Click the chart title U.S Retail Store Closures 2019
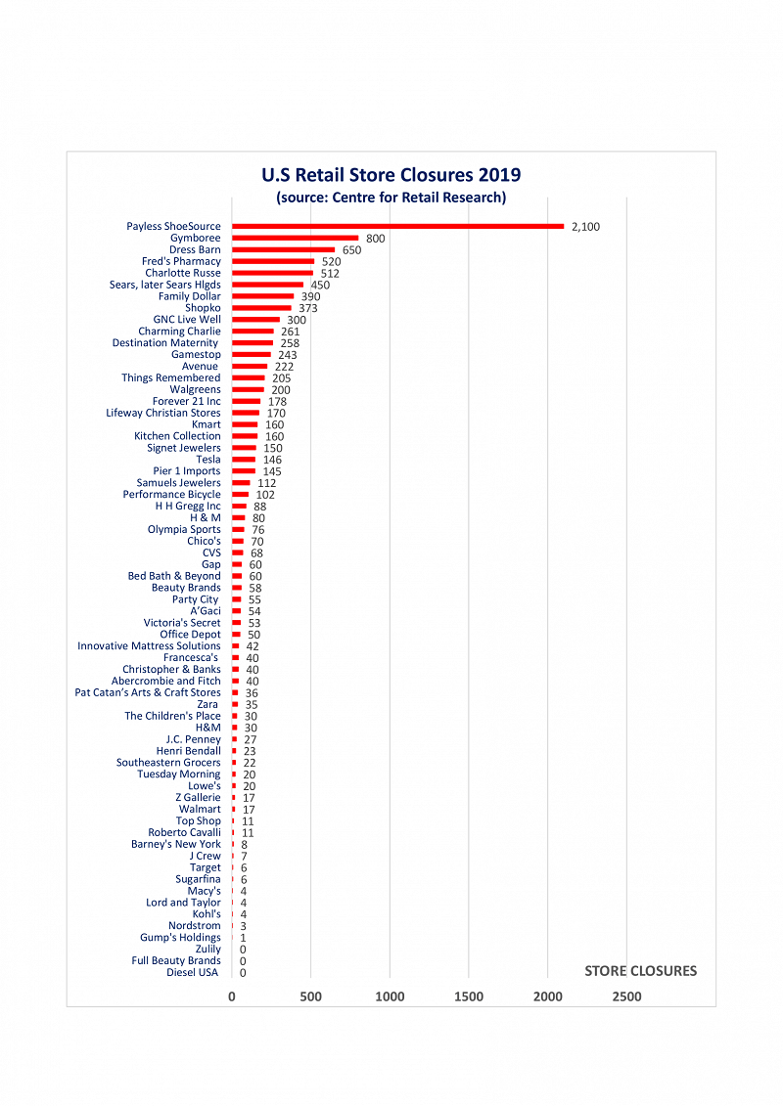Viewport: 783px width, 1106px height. click(x=391, y=175)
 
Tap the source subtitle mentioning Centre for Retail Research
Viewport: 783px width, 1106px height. click(x=391, y=198)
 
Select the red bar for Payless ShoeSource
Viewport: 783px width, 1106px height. click(x=397, y=226)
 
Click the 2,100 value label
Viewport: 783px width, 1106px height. click(x=585, y=227)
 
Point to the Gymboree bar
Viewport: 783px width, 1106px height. click(x=295, y=238)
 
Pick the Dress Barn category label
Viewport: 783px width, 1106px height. click(x=195, y=249)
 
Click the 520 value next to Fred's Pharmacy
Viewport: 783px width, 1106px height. click(x=331, y=262)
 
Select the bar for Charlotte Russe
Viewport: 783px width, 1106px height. click(x=272, y=273)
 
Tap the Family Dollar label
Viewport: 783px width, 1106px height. click(x=189, y=296)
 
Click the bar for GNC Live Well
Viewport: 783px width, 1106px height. click(x=255, y=320)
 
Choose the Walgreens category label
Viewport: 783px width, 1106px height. click(x=195, y=389)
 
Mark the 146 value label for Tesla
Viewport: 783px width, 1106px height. click(x=272, y=460)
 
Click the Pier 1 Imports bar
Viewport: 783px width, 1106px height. click(x=243, y=471)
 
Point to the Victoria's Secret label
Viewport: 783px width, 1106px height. click(x=182, y=623)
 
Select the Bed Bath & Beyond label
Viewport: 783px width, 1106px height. click(x=174, y=576)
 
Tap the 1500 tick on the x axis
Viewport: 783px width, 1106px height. click(x=469, y=996)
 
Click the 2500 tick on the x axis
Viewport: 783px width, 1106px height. click(x=626, y=996)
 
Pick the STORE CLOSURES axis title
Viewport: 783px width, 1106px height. click(x=640, y=971)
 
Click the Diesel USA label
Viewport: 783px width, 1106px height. click(x=192, y=972)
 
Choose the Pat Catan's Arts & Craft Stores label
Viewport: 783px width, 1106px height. click(x=148, y=692)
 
